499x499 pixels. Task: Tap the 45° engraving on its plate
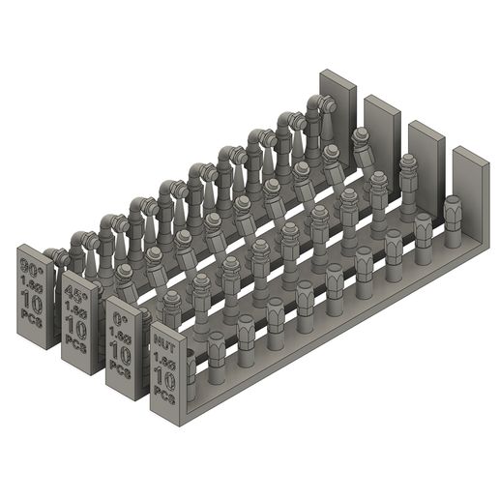point(73,293)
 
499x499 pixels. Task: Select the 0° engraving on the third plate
point(119,318)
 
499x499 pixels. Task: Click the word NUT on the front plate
point(163,343)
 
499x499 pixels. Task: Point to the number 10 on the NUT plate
point(165,379)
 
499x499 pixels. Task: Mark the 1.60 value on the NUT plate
point(164,363)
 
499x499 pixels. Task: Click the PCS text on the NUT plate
point(165,396)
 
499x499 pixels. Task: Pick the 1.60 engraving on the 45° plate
point(73,309)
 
